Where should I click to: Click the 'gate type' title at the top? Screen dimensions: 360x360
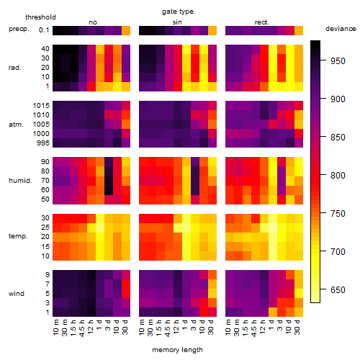(178, 12)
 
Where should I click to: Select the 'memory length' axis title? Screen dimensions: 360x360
(177, 350)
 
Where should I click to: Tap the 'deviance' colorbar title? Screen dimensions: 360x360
(341, 29)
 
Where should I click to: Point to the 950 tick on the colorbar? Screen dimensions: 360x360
(323, 60)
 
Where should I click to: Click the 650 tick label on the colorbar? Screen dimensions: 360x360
(338, 290)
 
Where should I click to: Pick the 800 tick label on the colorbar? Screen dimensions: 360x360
(338, 176)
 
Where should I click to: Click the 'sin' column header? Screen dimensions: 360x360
(177, 22)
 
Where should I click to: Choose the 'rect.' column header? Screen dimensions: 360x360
(262, 22)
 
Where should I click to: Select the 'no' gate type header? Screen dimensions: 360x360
(93, 22)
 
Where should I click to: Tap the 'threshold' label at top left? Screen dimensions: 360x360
(40, 17)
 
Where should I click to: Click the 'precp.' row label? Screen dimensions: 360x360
(19, 29)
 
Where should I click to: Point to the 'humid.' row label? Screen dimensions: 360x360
(20, 181)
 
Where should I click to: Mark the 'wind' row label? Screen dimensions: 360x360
(17, 294)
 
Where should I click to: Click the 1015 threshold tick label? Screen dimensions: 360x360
(41, 106)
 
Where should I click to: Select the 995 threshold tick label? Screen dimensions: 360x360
(43, 143)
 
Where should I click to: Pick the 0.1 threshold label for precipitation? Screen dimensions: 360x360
(44, 30)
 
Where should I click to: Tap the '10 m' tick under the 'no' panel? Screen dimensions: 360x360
(56, 327)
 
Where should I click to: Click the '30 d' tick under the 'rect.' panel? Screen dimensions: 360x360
(297, 327)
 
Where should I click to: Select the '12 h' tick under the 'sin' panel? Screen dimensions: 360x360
(176, 327)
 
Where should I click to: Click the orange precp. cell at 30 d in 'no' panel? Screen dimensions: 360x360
(126, 30)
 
